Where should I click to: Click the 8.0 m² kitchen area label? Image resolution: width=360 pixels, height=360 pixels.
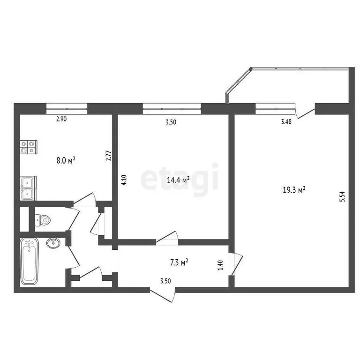[x=66, y=160]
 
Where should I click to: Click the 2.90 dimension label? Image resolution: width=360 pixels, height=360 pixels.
[x=61, y=119]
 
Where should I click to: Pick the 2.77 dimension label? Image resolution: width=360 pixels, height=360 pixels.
[x=108, y=155]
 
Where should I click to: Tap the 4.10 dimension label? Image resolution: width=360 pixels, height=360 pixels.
[x=124, y=181]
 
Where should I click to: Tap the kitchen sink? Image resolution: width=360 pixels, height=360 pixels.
[x=27, y=188]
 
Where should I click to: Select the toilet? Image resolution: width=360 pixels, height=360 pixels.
[x=43, y=219]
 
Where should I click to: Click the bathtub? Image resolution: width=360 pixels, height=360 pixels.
[x=29, y=261]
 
